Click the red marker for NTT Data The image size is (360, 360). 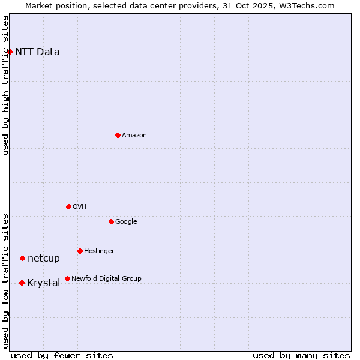pyautogui.click(x=10, y=52)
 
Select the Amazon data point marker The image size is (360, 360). pyautogui.click(x=118, y=135)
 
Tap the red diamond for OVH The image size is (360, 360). pyautogui.click(x=68, y=206)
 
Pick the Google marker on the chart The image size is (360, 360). pyautogui.click(x=111, y=221)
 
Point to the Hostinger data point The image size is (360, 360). pyautogui.click(x=80, y=251)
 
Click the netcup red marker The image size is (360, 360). pyautogui.click(x=22, y=259)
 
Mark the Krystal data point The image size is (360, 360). pyautogui.click(x=22, y=283)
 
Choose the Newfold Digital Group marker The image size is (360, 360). pyautogui.click(x=67, y=278)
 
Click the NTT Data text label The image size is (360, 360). pyautogui.click(x=37, y=52)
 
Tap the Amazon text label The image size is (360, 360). pyautogui.click(x=134, y=135)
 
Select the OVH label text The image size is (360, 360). pyautogui.click(x=80, y=206)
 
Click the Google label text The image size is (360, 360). pyautogui.click(x=126, y=221)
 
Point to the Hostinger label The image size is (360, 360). pyautogui.click(x=99, y=251)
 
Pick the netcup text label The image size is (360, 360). pyautogui.click(x=44, y=259)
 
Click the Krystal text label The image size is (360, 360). pyautogui.click(x=44, y=283)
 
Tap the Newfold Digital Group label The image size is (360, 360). pyautogui.click(x=106, y=278)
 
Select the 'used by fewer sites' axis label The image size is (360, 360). pyautogui.click(x=62, y=355)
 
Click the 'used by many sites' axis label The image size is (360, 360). pyautogui.click(x=301, y=355)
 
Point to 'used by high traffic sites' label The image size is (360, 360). pyautogui.click(x=6, y=85)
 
